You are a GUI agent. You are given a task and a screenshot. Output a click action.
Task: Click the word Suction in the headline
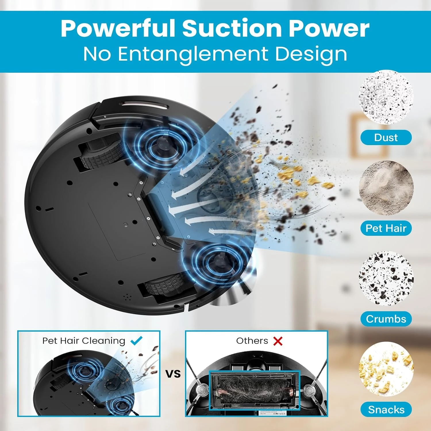click(x=232, y=28)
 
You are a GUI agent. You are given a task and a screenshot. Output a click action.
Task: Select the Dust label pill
click(x=386, y=137)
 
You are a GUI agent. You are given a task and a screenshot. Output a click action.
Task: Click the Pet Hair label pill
click(x=386, y=228)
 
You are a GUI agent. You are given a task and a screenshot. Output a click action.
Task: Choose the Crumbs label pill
click(x=386, y=319)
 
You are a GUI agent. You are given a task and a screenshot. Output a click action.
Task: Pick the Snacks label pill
click(x=386, y=409)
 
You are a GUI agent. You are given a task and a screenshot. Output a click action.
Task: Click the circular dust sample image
click(x=386, y=97)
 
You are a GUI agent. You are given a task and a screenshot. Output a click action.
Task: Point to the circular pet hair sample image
click(x=386, y=188)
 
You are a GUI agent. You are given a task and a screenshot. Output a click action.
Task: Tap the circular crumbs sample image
click(x=386, y=278)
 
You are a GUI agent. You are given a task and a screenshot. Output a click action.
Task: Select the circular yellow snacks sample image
click(x=386, y=369)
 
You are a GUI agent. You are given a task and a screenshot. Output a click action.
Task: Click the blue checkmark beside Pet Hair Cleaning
click(x=136, y=341)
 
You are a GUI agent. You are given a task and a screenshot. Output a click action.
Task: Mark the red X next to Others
click(x=278, y=341)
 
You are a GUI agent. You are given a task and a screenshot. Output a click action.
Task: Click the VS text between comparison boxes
click(x=173, y=374)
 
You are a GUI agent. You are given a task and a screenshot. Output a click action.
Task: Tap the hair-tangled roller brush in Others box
click(x=254, y=389)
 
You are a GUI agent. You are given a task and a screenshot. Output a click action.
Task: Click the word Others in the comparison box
click(x=252, y=341)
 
